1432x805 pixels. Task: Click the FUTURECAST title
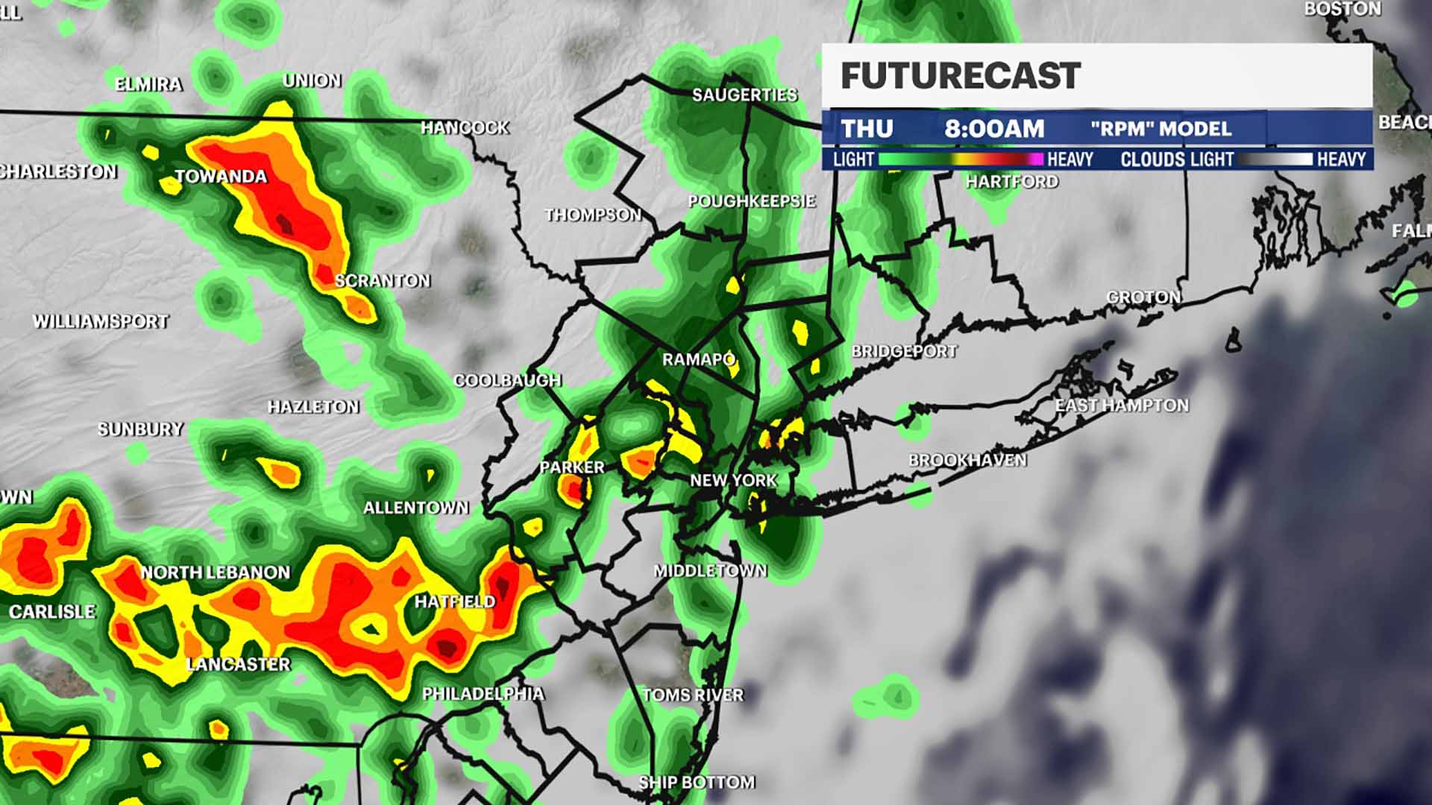coord(961,76)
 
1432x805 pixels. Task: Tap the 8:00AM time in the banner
coord(994,129)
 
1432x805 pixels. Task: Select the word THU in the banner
coord(867,129)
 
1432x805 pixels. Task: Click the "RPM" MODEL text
coord(1161,129)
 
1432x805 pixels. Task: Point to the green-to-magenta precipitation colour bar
coord(961,159)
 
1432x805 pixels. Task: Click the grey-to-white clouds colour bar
coord(1275,159)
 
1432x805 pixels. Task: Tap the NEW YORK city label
coord(733,481)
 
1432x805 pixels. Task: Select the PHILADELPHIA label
coord(483,694)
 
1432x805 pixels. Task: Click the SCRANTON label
coord(383,281)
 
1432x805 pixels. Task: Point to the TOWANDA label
coord(221,177)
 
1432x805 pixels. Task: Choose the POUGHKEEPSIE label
coord(751,201)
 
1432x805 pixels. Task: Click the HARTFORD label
coord(1011,182)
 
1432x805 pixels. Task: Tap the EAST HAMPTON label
coord(1122,405)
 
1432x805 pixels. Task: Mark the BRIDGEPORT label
coord(904,351)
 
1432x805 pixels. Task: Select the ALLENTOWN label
coord(416,508)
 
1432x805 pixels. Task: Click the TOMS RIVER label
coord(693,695)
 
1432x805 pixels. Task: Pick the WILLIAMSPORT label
coord(101,322)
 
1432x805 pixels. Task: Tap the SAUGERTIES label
coord(744,95)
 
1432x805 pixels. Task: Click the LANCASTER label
coord(238,664)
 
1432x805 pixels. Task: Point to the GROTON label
coord(1143,297)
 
